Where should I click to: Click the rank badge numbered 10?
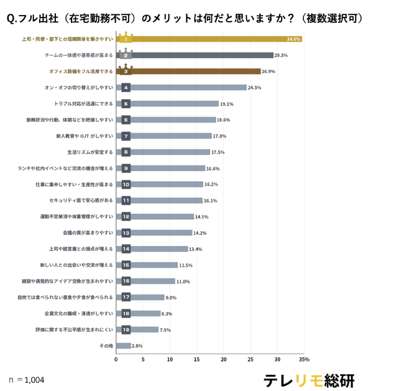pyautogui.click(x=126, y=184)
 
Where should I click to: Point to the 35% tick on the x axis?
pyautogui.click(x=304, y=359)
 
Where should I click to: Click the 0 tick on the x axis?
pyautogui.click(x=116, y=359)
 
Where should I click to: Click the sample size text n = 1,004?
pyautogui.click(x=27, y=379)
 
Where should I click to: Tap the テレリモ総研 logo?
pyautogui.click(x=308, y=379)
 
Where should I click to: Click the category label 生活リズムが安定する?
pyautogui.click(x=90, y=152)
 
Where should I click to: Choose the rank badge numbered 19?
pyautogui.click(x=126, y=329)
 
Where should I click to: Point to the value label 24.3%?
pyautogui.click(x=254, y=88)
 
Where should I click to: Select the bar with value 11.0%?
pyautogui.click(x=153, y=281)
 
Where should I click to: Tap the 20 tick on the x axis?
pyautogui.click(x=224, y=359)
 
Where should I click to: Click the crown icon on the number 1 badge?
pyautogui.click(x=126, y=34)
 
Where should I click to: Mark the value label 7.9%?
pyautogui.click(x=166, y=329)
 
